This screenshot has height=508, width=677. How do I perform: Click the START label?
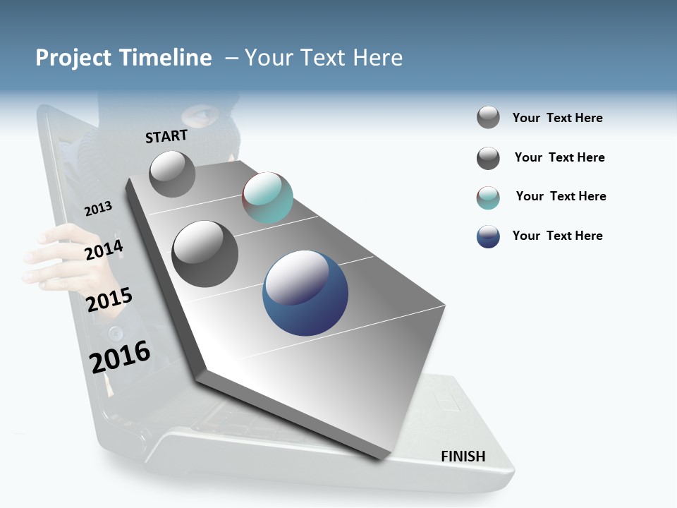tap(166, 136)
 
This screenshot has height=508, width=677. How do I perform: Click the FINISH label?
tap(463, 456)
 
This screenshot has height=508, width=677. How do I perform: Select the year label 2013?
tap(98, 209)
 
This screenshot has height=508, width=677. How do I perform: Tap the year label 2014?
tap(104, 250)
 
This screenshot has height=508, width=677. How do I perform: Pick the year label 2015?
tap(109, 300)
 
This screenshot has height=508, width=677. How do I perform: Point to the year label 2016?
tap(120, 357)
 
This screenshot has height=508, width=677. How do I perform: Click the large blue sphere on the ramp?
tap(305, 293)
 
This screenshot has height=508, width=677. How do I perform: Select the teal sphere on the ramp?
tap(267, 198)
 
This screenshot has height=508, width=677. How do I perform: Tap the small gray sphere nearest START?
tap(172, 174)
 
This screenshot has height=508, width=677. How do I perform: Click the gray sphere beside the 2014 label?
tap(205, 253)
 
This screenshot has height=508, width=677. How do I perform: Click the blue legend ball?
tap(488, 236)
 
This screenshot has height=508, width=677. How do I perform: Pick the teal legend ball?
tap(488, 198)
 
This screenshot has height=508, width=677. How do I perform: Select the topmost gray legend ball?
tap(488, 118)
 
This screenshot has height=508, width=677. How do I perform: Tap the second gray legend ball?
tap(488, 158)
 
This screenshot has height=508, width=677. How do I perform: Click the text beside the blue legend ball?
tap(557, 236)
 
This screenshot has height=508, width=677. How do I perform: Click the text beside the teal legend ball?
tap(561, 196)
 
